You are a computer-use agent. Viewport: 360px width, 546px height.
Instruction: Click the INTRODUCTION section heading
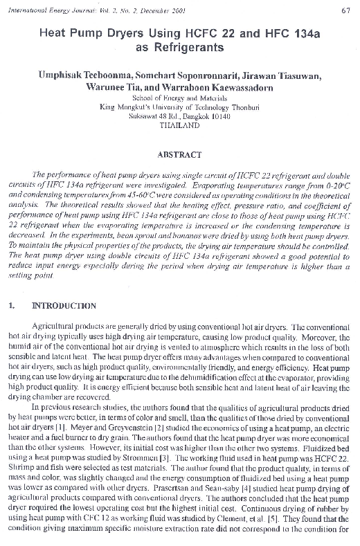[x=64, y=305]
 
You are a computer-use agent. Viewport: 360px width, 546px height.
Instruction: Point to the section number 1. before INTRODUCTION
[x=12, y=305]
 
